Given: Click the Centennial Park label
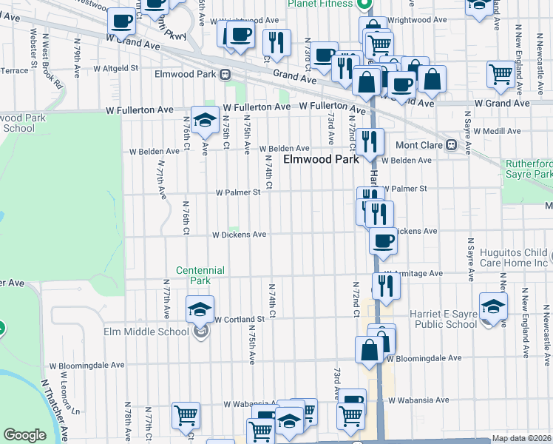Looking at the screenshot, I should click(200, 275).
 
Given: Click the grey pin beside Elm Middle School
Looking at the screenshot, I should click(200, 332).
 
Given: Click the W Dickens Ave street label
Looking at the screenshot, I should click(239, 235).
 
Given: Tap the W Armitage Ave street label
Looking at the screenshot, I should click(418, 273).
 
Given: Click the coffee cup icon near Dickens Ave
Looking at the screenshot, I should click(382, 242).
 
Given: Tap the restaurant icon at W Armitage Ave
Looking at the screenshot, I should click(386, 286).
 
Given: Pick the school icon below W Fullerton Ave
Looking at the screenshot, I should click(203, 119).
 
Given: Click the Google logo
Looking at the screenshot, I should click(24, 435).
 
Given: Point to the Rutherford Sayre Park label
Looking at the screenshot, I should click(528, 168).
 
